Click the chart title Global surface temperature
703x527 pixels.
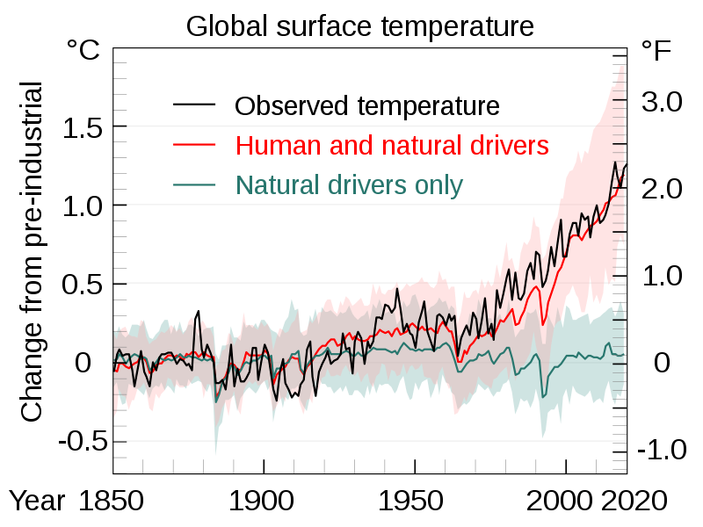tap(359, 26)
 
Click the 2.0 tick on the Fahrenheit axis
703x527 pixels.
tap(662, 189)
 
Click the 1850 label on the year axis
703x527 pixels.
tap(112, 501)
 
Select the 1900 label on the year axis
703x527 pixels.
tap(263, 501)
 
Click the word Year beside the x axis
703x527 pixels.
tap(38, 501)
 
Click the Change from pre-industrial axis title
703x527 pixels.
tap(32, 252)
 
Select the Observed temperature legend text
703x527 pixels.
tap(366, 106)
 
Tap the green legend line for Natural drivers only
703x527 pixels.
tap(194, 184)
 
